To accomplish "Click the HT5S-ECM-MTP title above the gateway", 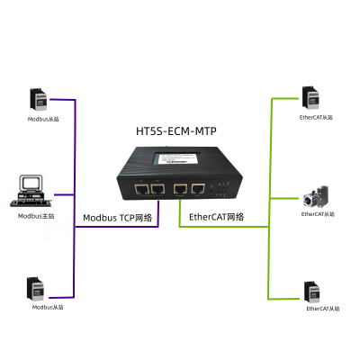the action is [176, 131].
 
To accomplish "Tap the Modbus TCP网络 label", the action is [118, 218].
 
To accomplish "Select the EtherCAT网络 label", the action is [216, 217].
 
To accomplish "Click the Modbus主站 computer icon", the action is [31, 191].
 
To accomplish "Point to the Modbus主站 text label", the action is [36, 216].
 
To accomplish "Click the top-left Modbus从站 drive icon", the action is [39, 99].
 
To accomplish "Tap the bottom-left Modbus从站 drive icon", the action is [35, 289].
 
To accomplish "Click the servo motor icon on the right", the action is [316, 197].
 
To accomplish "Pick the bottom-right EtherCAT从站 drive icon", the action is [312, 292].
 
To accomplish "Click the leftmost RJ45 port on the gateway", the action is [141, 190].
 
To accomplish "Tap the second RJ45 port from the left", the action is [157, 190].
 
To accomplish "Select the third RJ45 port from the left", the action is [180, 189].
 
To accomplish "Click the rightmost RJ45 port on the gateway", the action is [198, 189].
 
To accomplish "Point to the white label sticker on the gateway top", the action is [177, 158].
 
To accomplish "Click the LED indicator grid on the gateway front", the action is [221, 189].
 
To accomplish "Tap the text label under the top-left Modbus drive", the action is [43, 119].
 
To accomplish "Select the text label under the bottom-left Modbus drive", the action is [48, 307].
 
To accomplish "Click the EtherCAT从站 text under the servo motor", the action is [318, 214].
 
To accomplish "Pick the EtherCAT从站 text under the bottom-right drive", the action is [323, 309].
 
